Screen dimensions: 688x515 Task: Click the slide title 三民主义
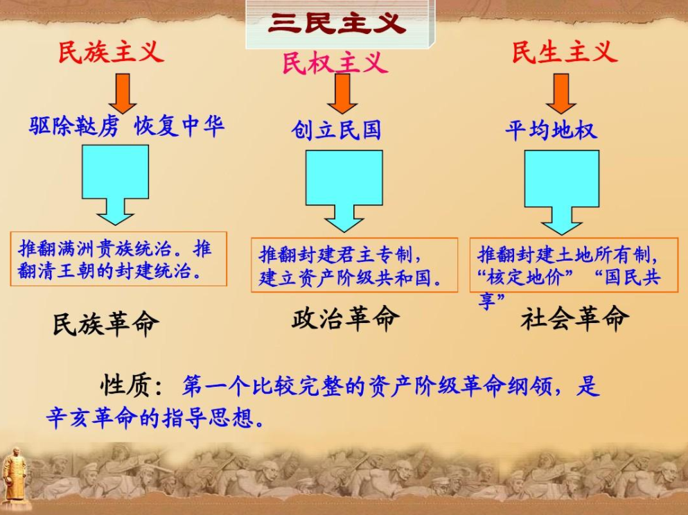pyautogui.click(x=337, y=23)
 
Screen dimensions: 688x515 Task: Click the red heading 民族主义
pyautogui.click(x=112, y=52)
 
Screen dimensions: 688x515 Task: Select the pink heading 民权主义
pyautogui.click(x=335, y=62)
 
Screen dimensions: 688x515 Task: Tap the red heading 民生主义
pyautogui.click(x=565, y=52)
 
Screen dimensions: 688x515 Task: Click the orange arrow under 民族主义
pyautogui.click(x=123, y=94)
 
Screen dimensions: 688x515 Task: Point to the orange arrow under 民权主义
pyautogui.click(x=342, y=94)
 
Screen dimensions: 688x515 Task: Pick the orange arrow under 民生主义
pyautogui.click(x=561, y=94)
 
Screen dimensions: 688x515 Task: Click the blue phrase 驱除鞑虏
pyautogui.click(x=74, y=126)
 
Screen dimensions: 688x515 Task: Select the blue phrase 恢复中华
pyautogui.click(x=179, y=126)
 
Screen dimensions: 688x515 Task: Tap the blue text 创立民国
pyautogui.click(x=335, y=130)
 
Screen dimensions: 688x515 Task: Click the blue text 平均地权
pyautogui.click(x=551, y=130)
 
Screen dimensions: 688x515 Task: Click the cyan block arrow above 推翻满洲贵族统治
pyautogui.click(x=116, y=184)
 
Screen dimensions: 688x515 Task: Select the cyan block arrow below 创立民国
pyautogui.click(x=344, y=191)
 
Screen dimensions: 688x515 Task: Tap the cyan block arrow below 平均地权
pyautogui.click(x=562, y=192)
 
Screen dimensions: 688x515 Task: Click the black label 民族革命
pyautogui.click(x=106, y=324)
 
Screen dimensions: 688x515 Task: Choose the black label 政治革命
pyautogui.click(x=346, y=318)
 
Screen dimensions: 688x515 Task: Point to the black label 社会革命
pyautogui.click(x=575, y=319)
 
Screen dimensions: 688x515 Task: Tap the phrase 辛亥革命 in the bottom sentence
pyautogui.click(x=91, y=417)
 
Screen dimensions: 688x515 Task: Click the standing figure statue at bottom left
pyautogui.click(x=14, y=478)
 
